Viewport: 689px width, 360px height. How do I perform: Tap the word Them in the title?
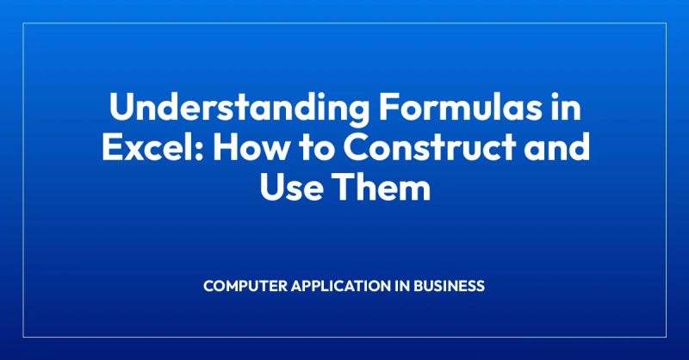click(x=383, y=186)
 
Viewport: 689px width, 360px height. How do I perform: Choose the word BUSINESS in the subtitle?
click(x=451, y=285)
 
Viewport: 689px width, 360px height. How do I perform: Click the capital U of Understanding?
click(x=119, y=112)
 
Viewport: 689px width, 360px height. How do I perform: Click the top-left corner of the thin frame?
click(x=23, y=24)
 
